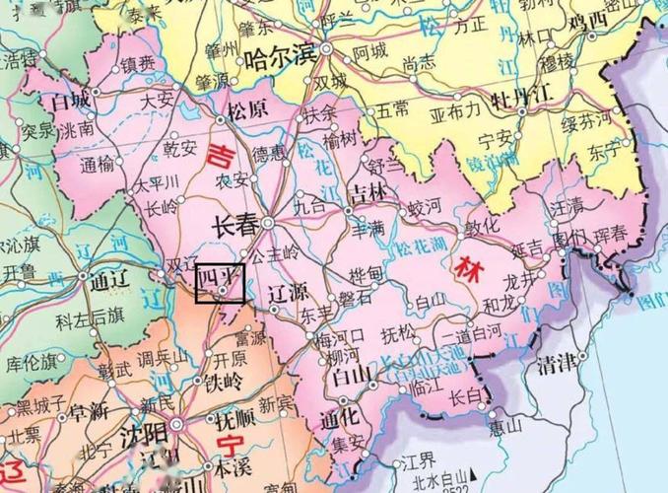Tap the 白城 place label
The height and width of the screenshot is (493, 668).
pos(70,102)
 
